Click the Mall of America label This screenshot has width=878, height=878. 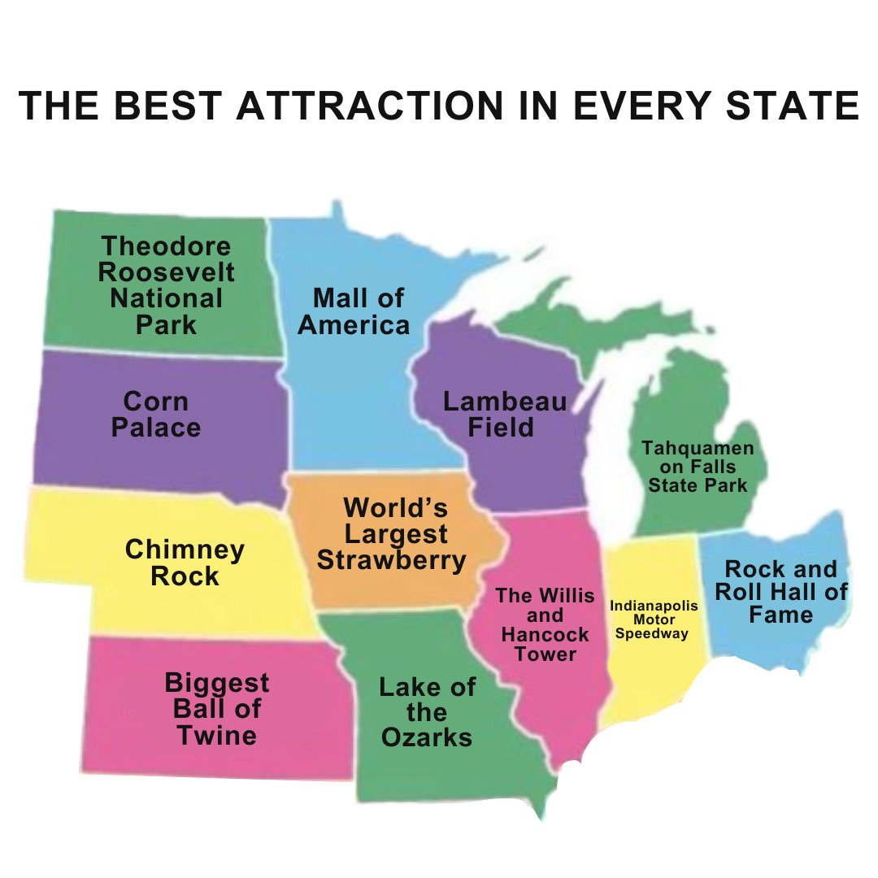pyautogui.click(x=354, y=311)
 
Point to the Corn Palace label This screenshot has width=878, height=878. pyautogui.click(x=155, y=414)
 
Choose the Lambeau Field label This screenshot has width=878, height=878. pyautogui.click(x=503, y=414)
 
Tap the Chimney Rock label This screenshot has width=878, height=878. pyautogui.click(x=185, y=563)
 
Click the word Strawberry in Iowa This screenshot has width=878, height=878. pyautogui.click(x=391, y=560)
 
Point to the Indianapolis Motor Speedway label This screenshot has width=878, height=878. pyautogui.click(x=653, y=619)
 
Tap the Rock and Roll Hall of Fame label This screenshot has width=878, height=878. pyautogui.click(x=780, y=591)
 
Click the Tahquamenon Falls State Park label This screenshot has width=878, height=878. pyautogui.click(x=698, y=467)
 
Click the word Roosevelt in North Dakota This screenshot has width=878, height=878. pyautogui.click(x=167, y=272)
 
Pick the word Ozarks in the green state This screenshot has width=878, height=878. pyautogui.click(x=427, y=737)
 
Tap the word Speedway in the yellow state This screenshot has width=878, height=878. pyautogui.click(x=652, y=634)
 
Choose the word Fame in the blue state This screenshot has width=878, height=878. pyautogui.click(x=780, y=615)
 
